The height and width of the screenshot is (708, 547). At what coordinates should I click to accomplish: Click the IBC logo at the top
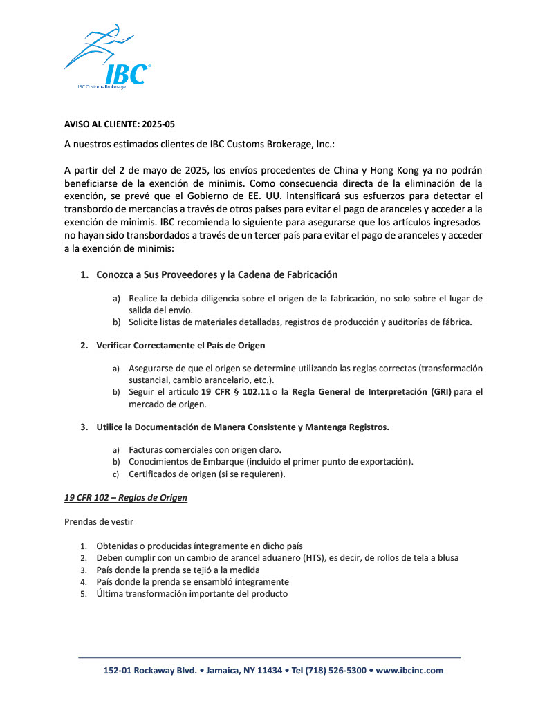click(x=108, y=59)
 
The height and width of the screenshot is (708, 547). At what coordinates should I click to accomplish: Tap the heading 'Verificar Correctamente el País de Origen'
click(x=180, y=345)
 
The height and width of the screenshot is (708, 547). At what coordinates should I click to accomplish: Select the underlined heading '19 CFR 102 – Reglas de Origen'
click(x=126, y=497)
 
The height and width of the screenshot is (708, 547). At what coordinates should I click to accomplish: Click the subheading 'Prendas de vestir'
click(x=99, y=522)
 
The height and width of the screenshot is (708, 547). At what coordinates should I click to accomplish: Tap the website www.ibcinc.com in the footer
click(x=409, y=670)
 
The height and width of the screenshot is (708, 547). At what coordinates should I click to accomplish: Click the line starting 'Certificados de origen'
click(x=207, y=474)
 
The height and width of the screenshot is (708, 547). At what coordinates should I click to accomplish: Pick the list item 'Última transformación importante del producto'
click(x=192, y=593)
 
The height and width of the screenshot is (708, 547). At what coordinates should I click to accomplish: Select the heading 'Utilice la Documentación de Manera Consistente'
click(x=243, y=427)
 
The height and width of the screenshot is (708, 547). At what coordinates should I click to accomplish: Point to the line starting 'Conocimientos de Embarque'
click(x=271, y=461)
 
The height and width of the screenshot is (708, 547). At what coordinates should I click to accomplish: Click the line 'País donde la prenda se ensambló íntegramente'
click(x=192, y=581)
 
